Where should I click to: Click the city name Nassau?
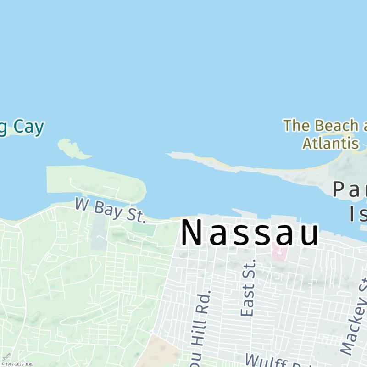click(250, 233)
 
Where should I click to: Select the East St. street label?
click(247, 288)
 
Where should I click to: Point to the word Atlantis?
click(330, 143)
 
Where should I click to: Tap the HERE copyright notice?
click(17, 364)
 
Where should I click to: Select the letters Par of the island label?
click(351, 189)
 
